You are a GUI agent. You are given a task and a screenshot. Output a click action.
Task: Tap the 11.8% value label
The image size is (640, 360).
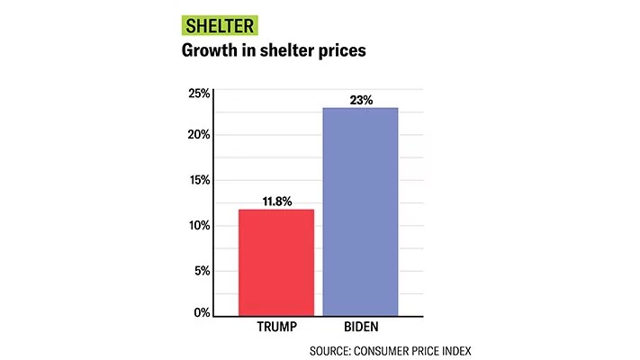coord(276,201)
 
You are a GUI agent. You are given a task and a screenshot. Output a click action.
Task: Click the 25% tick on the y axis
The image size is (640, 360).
coord(199,93)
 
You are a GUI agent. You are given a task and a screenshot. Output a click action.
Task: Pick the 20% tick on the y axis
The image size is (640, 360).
coord(199,135)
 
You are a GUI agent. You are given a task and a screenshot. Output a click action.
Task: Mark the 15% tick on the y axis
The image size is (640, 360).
coord(199,180)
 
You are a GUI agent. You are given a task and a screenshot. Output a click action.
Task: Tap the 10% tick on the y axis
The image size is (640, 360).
coord(199,225)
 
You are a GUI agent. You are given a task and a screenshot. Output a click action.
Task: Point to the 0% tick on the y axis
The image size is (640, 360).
coord(202,313)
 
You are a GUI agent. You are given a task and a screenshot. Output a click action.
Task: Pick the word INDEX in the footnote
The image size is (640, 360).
coord(454,350)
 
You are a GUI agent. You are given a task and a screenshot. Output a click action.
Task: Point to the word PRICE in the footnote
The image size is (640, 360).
coord(427,350)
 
